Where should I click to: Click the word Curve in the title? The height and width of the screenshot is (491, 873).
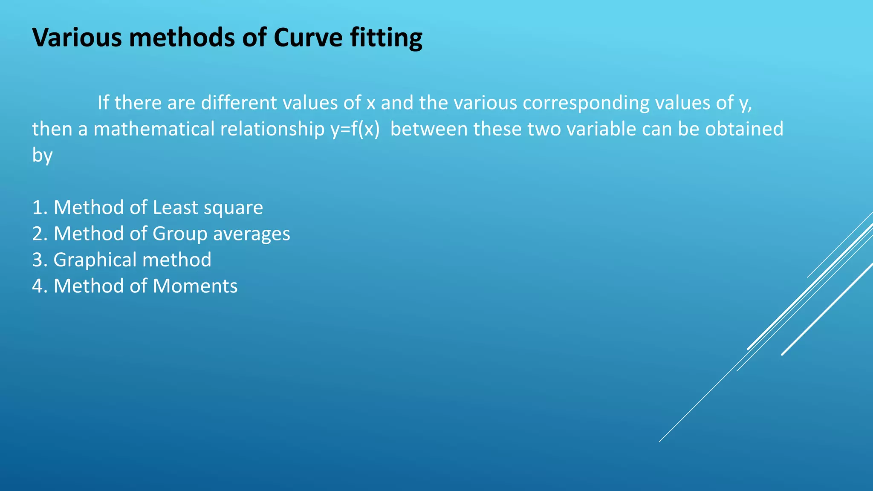[x=308, y=38]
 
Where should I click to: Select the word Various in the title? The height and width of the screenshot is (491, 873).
[x=77, y=38]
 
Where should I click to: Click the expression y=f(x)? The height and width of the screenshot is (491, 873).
[x=355, y=129]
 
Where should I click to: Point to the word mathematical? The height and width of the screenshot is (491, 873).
[x=154, y=129]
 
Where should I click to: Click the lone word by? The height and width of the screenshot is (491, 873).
[x=42, y=156]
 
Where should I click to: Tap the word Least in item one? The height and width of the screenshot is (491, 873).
[x=175, y=208]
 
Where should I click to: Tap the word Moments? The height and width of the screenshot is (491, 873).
[x=195, y=286]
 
